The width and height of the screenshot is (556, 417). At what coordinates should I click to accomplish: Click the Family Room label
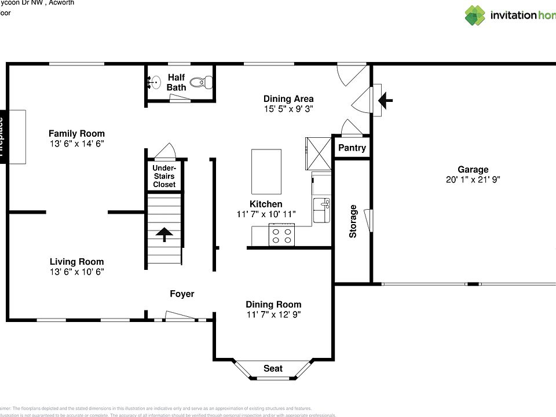76,134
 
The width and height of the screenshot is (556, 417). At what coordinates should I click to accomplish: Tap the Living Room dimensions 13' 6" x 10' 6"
76,272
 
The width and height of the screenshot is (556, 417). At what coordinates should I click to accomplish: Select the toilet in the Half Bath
199,82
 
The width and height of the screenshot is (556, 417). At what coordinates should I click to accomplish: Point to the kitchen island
266,171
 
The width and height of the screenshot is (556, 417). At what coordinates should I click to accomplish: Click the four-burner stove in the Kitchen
281,236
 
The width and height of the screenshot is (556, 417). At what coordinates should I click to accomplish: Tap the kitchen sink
321,209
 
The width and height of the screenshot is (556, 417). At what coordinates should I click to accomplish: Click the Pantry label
352,148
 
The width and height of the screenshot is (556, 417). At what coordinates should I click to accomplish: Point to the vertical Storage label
353,221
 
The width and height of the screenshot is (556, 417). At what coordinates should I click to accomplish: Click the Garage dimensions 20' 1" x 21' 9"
473,180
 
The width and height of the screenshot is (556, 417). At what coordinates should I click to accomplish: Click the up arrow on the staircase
164,235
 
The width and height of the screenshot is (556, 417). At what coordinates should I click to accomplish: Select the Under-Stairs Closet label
164,176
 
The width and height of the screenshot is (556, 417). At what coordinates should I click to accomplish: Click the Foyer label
182,294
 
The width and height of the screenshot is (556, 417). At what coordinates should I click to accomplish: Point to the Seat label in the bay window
273,368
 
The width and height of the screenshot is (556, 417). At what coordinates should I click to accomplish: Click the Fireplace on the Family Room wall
3,137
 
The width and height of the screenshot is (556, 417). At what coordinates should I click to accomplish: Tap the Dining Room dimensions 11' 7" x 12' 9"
273,315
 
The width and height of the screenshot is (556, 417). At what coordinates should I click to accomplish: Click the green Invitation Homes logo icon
475,16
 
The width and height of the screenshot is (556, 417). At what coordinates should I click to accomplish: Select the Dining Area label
288,98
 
